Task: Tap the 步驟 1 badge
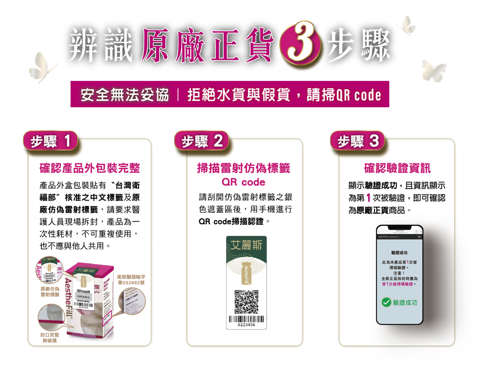click(x=51, y=141)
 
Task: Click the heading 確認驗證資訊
click(x=397, y=168)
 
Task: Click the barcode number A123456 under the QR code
click(x=246, y=324)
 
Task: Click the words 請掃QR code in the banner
click(x=343, y=95)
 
